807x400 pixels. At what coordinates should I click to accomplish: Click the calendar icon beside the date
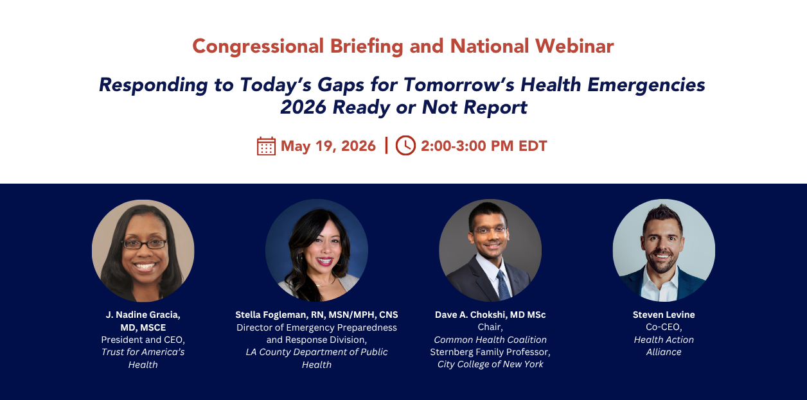point(266,146)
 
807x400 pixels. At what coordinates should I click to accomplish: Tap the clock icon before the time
point(405,146)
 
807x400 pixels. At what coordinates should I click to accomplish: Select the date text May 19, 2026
point(328,146)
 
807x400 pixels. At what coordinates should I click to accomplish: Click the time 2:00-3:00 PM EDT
point(484,146)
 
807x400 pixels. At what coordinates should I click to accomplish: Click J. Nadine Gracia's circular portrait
point(143,250)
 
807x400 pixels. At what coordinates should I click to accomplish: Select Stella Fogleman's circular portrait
point(317,250)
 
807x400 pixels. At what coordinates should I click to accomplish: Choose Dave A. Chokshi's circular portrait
point(490,250)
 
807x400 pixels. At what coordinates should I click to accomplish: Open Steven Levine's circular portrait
point(664,250)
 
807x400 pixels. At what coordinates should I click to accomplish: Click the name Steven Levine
point(664,315)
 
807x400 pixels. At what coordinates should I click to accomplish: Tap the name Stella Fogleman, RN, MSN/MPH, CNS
point(317,315)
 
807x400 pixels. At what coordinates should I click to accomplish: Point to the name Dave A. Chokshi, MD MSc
point(490,315)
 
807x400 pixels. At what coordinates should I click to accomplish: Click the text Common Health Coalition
point(490,340)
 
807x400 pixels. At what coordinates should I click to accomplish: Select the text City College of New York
point(490,364)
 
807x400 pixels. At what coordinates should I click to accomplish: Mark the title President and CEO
point(143,340)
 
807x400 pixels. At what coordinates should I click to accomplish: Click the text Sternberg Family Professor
point(490,352)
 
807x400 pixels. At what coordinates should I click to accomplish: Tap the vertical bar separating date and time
point(386,146)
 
